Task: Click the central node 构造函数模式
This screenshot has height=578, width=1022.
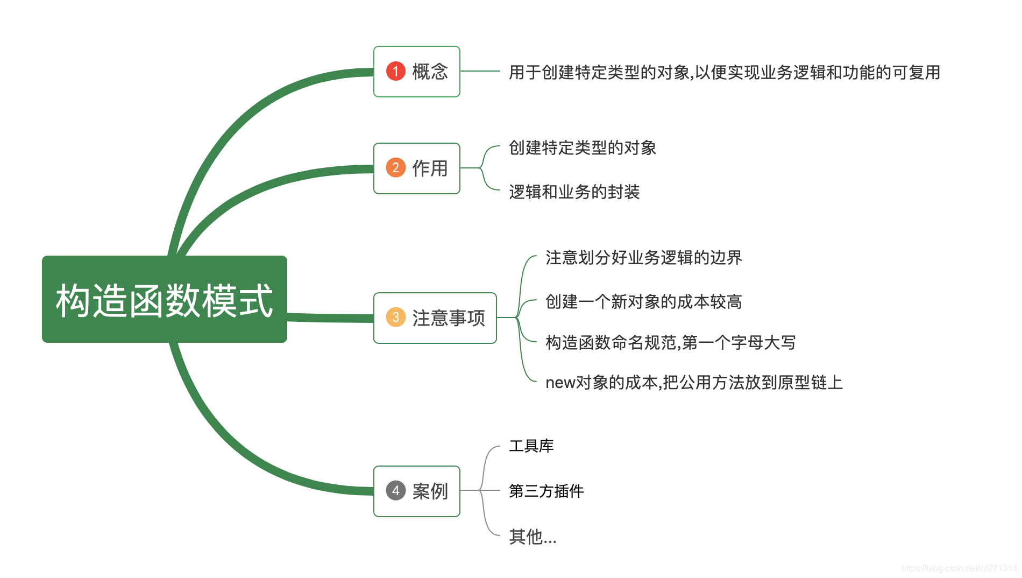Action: (x=164, y=299)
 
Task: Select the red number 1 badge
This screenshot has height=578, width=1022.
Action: (x=395, y=71)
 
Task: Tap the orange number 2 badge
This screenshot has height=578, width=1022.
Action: (x=395, y=168)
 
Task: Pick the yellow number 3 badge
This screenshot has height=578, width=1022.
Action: (x=395, y=318)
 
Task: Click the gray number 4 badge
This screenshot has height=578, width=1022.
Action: (x=395, y=490)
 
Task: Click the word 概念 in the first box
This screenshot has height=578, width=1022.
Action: (x=430, y=72)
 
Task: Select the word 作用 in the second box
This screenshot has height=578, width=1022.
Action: (x=430, y=168)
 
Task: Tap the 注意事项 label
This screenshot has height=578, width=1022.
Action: (x=449, y=318)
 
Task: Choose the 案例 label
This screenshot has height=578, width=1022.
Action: (x=430, y=491)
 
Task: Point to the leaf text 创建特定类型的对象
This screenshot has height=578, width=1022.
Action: (x=583, y=147)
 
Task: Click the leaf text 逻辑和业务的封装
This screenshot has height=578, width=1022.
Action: (x=574, y=192)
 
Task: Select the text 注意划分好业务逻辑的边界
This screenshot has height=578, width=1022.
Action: (x=643, y=257)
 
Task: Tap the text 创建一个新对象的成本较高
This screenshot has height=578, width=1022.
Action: (x=643, y=301)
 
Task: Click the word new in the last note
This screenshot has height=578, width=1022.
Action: (x=560, y=383)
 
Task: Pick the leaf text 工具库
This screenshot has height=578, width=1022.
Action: (x=531, y=446)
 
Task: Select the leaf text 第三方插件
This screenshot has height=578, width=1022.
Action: (x=546, y=491)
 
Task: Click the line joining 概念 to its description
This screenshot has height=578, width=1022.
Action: (x=480, y=71)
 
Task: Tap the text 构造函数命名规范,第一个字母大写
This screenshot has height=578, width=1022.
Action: (x=670, y=342)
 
